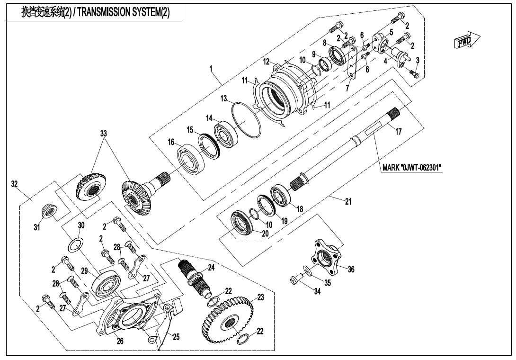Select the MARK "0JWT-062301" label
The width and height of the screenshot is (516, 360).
(x=411, y=167)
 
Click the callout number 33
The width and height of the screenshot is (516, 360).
(x=104, y=133)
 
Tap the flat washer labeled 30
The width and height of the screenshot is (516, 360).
(x=75, y=246)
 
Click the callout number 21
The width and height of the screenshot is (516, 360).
(x=348, y=202)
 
